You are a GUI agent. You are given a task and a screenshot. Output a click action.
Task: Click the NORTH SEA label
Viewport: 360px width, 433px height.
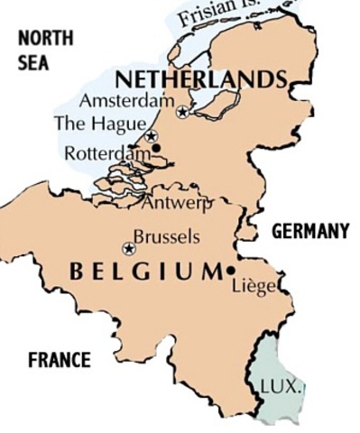45,51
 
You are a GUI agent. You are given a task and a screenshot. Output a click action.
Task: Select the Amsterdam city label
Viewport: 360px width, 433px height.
125,100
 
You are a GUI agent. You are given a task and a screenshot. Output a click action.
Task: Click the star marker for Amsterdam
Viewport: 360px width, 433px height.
183,112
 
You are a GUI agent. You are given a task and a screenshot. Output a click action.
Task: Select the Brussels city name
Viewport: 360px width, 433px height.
166,238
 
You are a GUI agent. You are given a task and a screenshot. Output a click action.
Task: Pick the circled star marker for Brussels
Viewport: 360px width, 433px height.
129,249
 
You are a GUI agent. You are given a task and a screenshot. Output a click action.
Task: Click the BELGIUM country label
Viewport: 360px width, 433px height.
144,271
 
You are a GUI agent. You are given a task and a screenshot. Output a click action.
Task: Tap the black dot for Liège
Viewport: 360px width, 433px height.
232,270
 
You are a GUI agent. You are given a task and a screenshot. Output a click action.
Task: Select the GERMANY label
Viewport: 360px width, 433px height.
310,232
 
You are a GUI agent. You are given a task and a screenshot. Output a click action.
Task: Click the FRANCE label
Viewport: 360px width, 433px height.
59,360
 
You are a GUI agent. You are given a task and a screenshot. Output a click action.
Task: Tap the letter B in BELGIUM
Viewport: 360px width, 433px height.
77,271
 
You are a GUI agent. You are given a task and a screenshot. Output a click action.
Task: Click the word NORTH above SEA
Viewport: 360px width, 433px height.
45,38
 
